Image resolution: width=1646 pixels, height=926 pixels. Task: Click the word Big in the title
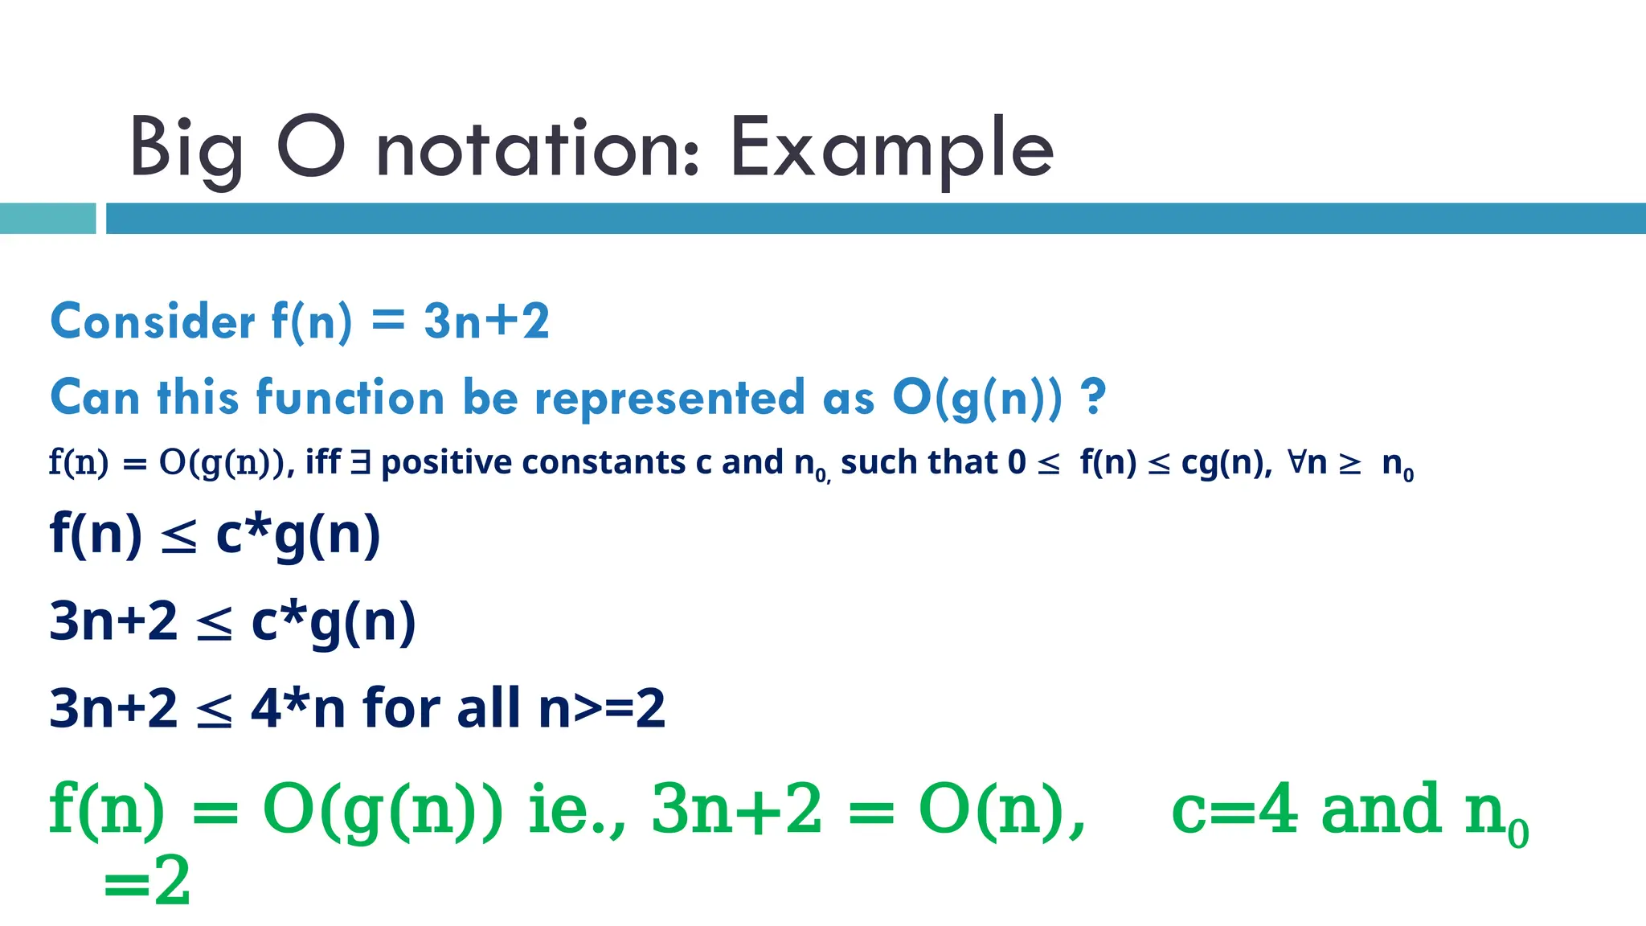(186, 150)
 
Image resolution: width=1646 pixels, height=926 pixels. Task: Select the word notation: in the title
(538, 150)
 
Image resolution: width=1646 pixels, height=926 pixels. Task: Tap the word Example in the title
(891, 150)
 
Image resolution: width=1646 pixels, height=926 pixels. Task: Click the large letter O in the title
(311, 147)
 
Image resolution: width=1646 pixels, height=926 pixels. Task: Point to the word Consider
(153, 322)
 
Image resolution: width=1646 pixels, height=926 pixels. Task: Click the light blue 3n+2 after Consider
(486, 322)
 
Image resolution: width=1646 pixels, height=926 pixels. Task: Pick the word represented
(669, 398)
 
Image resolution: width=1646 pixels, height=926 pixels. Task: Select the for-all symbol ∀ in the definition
(1297, 462)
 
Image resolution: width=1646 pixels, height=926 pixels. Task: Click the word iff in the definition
(323, 463)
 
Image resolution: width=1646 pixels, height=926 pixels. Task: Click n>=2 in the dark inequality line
(601, 708)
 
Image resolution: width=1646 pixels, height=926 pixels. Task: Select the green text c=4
(1234, 809)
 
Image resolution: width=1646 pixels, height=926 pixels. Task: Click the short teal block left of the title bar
(47, 219)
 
